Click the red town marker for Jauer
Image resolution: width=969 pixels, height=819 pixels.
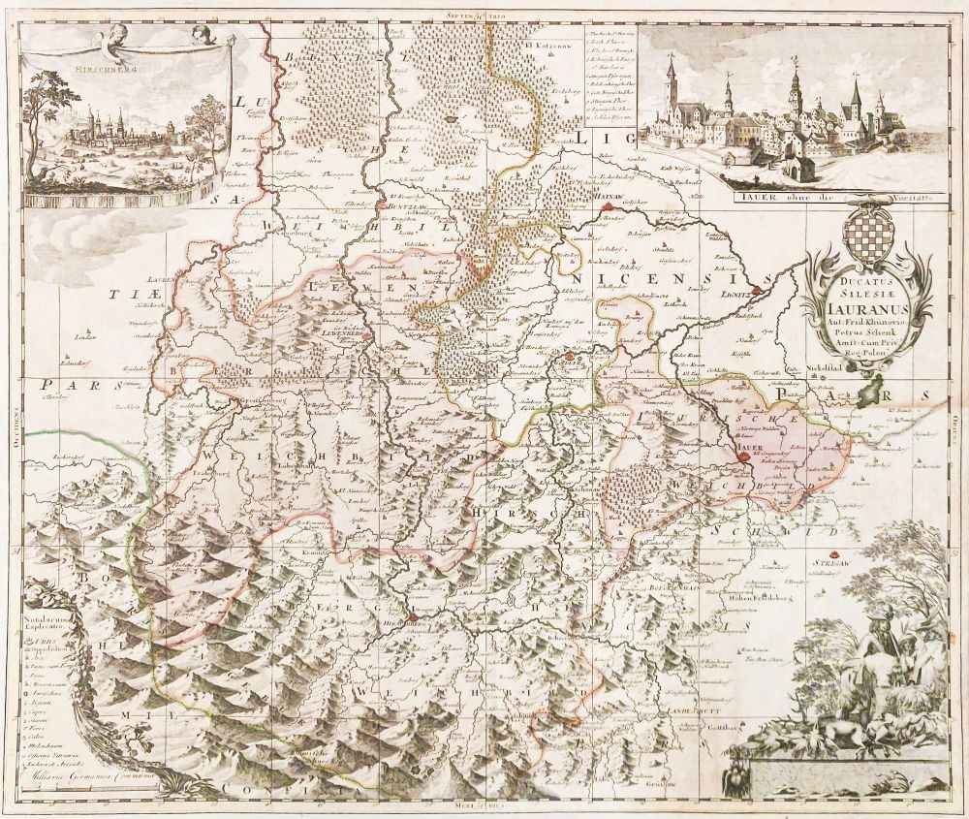741,455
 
